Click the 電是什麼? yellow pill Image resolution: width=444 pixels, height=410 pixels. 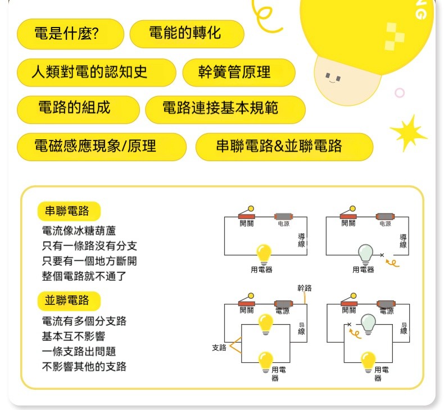(x=70, y=34)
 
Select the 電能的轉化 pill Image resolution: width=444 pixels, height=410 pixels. (x=187, y=34)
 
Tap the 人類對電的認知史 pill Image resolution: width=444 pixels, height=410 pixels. (x=96, y=72)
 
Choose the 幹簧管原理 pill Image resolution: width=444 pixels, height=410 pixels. (x=239, y=72)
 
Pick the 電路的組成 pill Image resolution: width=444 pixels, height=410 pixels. (x=78, y=110)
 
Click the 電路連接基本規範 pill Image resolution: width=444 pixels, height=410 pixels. (x=225, y=110)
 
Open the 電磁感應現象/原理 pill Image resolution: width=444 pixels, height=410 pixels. (x=101, y=147)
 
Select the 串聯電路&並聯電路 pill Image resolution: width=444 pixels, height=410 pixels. (x=284, y=147)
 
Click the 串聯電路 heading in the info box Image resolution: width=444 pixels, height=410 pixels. (x=69, y=211)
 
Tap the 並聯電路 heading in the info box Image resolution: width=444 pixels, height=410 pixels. (x=69, y=301)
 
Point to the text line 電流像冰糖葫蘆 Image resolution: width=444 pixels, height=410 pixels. (x=79, y=231)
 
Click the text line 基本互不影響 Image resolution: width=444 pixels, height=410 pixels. (x=74, y=336)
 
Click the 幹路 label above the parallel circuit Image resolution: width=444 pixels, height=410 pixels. (x=305, y=288)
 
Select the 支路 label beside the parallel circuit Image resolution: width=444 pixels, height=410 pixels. (x=219, y=348)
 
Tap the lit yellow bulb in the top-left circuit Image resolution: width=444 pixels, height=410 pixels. (x=264, y=254)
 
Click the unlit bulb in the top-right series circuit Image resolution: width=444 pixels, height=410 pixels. (x=365, y=254)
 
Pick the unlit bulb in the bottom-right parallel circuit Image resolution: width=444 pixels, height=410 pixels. (x=368, y=324)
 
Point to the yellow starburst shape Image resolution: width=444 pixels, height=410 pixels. (x=409, y=133)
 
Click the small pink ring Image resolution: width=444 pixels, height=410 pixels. (x=400, y=93)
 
